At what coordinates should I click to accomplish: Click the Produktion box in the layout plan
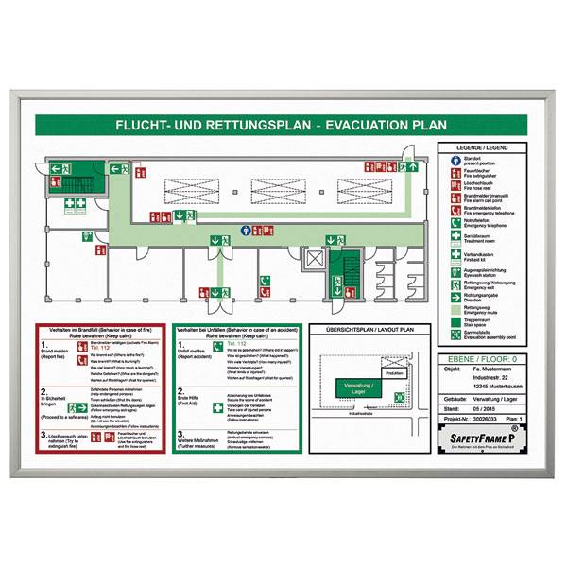393,373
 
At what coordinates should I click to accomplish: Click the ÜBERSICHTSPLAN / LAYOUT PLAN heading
369,330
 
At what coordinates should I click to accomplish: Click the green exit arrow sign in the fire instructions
81,400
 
